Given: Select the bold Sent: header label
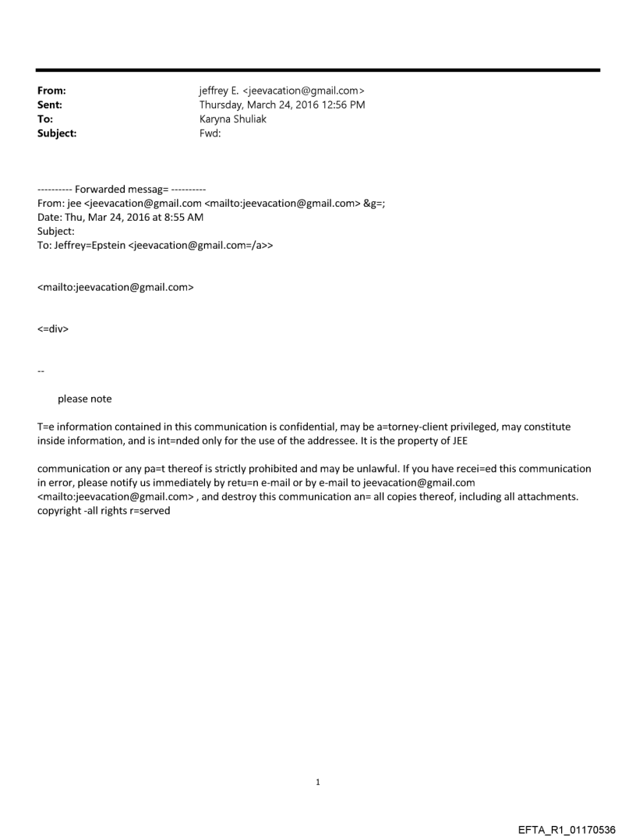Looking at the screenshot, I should [x=50, y=105].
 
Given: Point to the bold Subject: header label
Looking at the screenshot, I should [x=57, y=133].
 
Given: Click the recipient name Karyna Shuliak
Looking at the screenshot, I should [x=232, y=119].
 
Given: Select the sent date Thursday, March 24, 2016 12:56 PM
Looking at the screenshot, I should [x=282, y=105].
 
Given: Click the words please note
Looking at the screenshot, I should [x=84, y=399].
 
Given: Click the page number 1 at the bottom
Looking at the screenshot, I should [x=318, y=782].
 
